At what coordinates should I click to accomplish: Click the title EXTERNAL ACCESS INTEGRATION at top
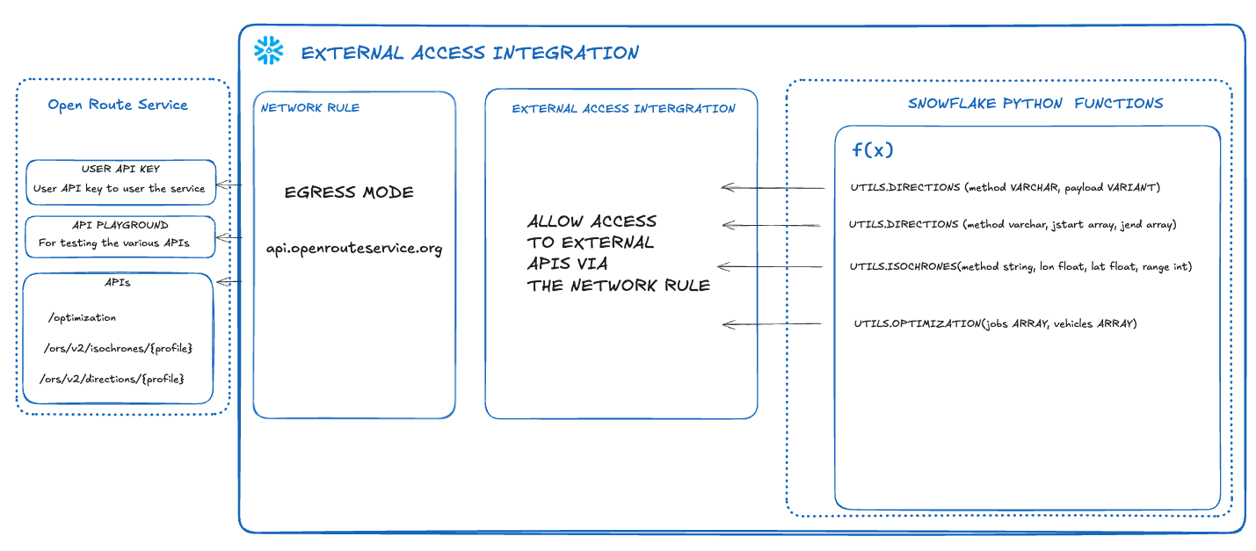coord(469,53)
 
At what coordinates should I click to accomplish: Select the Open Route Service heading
coord(118,105)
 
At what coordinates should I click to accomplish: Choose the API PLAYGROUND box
coord(120,236)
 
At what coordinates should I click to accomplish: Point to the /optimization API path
coord(83,317)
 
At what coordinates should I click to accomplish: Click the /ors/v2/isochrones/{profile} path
coord(118,349)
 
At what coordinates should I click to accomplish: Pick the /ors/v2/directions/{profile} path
coord(112,379)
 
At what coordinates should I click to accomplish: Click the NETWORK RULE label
coord(310,108)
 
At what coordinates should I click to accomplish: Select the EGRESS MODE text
coord(349,192)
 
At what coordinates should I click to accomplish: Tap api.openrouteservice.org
coord(354,248)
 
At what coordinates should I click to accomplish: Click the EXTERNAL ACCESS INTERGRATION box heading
coord(623,109)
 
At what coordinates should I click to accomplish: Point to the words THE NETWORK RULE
coord(618,285)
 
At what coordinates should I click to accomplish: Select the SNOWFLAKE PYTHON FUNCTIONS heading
coord(1035,104)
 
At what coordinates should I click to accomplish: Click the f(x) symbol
coord(872,150)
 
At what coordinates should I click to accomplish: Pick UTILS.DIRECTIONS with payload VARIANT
coord(1005,187)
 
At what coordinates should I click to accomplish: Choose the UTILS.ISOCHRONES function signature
coord(1020,266)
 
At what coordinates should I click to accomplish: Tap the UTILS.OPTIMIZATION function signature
coord(995,324)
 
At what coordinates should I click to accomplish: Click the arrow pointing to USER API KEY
coord(229,185)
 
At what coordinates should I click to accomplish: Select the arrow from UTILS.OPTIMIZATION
coord(772,324)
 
